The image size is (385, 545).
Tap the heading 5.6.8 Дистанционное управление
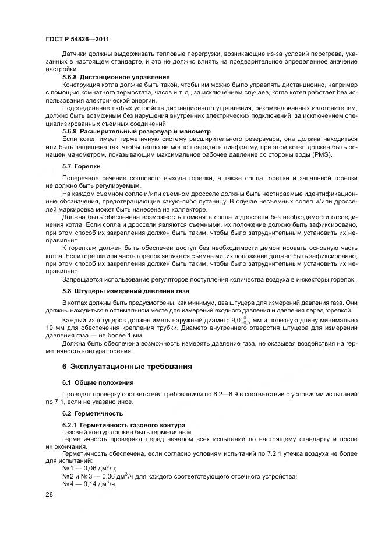coord(116,77)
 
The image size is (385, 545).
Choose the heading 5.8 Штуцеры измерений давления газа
coord(125,290)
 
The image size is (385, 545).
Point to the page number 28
coord(49,494)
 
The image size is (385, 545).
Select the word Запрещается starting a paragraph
coord(84,279)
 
